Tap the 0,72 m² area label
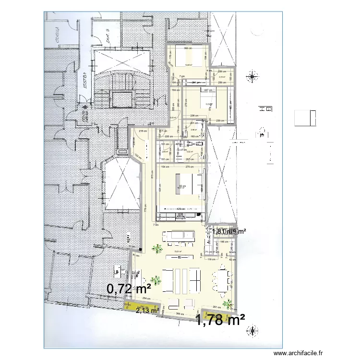[129, 288]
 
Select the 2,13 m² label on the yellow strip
[147, 311]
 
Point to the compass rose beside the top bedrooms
[250, 75]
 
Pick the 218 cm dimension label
[143, 131]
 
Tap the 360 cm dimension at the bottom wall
[181, 314]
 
